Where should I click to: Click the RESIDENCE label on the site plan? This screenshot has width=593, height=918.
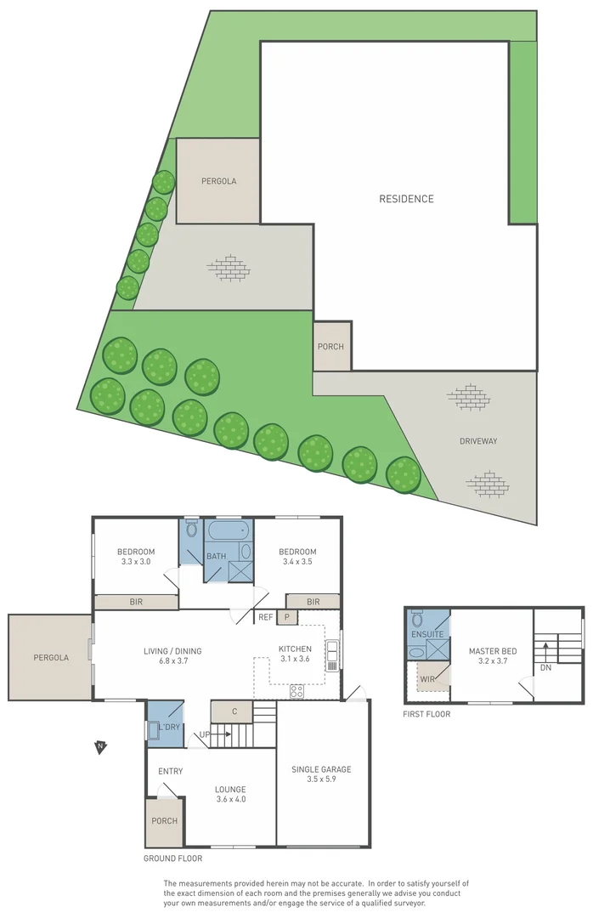(406, 199)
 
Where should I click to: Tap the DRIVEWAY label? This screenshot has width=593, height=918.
(478, 441)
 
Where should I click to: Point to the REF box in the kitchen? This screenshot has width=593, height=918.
(266, 617)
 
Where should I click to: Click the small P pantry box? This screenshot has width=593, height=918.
(287, 617)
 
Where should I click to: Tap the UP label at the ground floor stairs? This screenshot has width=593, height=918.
(204, 734)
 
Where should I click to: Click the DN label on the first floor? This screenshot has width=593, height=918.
(545, 668)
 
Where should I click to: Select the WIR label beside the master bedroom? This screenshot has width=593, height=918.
(426, 679)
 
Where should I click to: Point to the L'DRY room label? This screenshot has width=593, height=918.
(169, 727)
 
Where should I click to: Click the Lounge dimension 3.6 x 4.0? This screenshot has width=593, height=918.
(230, 799)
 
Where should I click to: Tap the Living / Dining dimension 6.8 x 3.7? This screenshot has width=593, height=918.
(172, 663)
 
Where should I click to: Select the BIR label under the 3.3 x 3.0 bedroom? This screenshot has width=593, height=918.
(136, 602)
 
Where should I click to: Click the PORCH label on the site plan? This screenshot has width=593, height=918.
(331, 347)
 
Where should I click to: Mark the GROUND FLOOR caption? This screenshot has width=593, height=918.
(174, 858)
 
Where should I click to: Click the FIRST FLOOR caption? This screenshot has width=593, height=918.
(426, 714)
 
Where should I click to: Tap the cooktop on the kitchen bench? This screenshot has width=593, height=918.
(296, 691)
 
